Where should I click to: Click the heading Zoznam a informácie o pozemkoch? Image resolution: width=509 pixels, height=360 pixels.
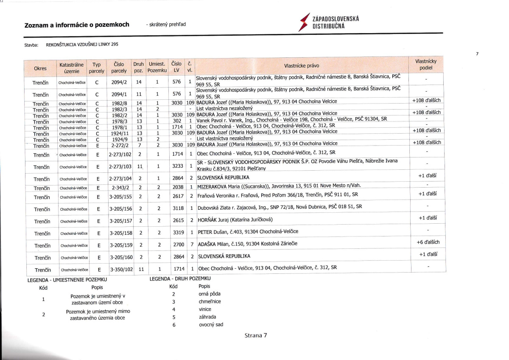tap(77, 25)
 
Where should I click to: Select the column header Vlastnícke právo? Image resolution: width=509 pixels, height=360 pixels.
tap(302, 66)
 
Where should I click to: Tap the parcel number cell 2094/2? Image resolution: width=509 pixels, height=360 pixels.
tap(120, 82)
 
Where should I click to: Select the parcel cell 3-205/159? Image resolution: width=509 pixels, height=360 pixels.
tap(121, 245)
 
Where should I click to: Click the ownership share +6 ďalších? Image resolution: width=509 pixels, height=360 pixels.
tap(428, 242)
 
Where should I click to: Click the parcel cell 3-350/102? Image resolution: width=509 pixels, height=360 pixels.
tap(121, 270)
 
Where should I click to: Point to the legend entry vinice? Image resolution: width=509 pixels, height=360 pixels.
tap(205, 309)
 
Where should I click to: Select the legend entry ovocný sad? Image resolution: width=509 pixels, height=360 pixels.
tap(211, 325)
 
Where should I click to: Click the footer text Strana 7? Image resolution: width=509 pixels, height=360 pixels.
tap(256, 335)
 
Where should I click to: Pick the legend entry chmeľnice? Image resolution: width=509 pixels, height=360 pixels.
tap(210, 301)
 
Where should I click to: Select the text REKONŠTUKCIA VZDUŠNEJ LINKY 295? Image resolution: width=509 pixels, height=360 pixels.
tap(82, 45)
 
